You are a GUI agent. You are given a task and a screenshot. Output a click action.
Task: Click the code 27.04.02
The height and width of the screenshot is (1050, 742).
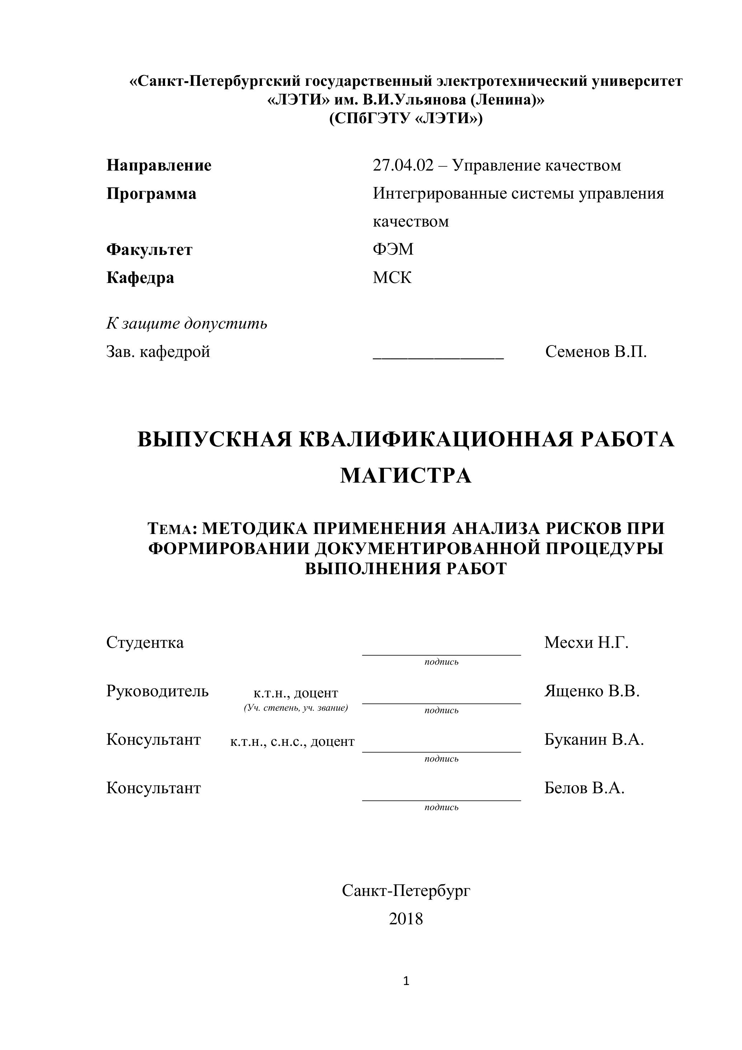(x=403, y=166)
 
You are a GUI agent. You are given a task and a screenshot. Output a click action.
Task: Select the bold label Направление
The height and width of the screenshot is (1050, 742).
(x=159, y=166)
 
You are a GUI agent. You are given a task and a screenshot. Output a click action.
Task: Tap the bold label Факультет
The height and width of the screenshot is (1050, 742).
(x=149, y=250)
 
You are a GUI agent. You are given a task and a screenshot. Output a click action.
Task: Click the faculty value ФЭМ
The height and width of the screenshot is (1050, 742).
(x=393, y=249)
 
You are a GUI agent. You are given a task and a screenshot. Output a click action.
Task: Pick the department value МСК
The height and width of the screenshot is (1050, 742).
(x=392, y=278)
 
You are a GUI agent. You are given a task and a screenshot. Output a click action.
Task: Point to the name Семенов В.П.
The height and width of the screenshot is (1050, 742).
(x=596, y=352)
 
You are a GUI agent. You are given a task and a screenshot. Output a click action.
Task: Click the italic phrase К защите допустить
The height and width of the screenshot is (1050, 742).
(x=187, y=324)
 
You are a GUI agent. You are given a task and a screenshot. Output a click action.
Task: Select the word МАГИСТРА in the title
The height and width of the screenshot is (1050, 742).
(x=406, y=475)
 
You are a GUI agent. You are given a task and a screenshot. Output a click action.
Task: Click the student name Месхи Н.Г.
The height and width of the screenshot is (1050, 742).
(x=586, y=642)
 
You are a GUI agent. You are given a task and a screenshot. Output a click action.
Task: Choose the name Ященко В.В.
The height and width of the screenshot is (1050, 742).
(x=592, y=691)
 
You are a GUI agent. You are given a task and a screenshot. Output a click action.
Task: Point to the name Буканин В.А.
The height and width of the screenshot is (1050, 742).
(x=594, y=739)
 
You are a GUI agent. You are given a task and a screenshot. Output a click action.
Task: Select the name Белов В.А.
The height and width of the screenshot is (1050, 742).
(x=584, y=788)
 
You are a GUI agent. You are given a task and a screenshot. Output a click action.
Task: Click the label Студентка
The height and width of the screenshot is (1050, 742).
(x=145, y=642)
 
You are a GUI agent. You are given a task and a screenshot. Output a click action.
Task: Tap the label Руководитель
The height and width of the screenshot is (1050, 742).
(x=157, y=691)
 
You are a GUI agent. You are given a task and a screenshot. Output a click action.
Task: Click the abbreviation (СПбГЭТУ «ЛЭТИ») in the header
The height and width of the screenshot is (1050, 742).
(x=406, y=119)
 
